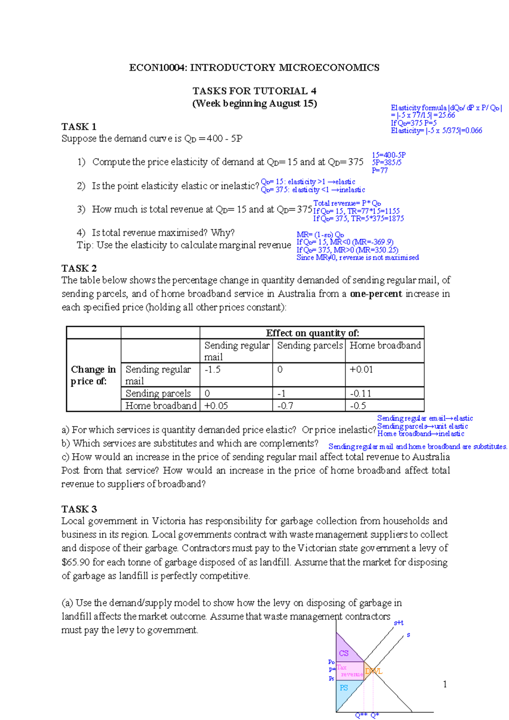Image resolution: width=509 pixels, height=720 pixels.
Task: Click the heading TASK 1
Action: click(79, 126)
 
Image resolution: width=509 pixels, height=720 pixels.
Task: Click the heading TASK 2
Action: click(79, 268)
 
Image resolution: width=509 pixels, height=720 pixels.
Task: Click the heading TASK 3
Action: click(79, 509)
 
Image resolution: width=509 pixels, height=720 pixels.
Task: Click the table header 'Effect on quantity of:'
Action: click(312, 333)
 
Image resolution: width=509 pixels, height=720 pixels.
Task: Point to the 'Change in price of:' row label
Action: click(93, 375)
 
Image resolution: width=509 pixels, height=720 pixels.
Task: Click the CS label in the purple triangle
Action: click(344, 653)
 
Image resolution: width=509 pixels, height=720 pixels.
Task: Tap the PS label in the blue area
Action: click(344, 688)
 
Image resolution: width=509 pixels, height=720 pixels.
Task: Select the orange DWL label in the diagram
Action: click(374, 671)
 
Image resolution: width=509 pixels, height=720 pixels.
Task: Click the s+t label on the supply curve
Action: click(398, 623)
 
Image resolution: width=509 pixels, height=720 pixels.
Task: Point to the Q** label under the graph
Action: click(361, 715)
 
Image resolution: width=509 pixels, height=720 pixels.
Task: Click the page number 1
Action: click(445, 684)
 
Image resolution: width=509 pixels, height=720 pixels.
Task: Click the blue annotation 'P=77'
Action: click(380, 170)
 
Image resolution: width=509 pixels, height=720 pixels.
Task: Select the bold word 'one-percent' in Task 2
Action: click(376, 294)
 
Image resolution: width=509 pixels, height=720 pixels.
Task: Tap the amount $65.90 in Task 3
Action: click(76, 562)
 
